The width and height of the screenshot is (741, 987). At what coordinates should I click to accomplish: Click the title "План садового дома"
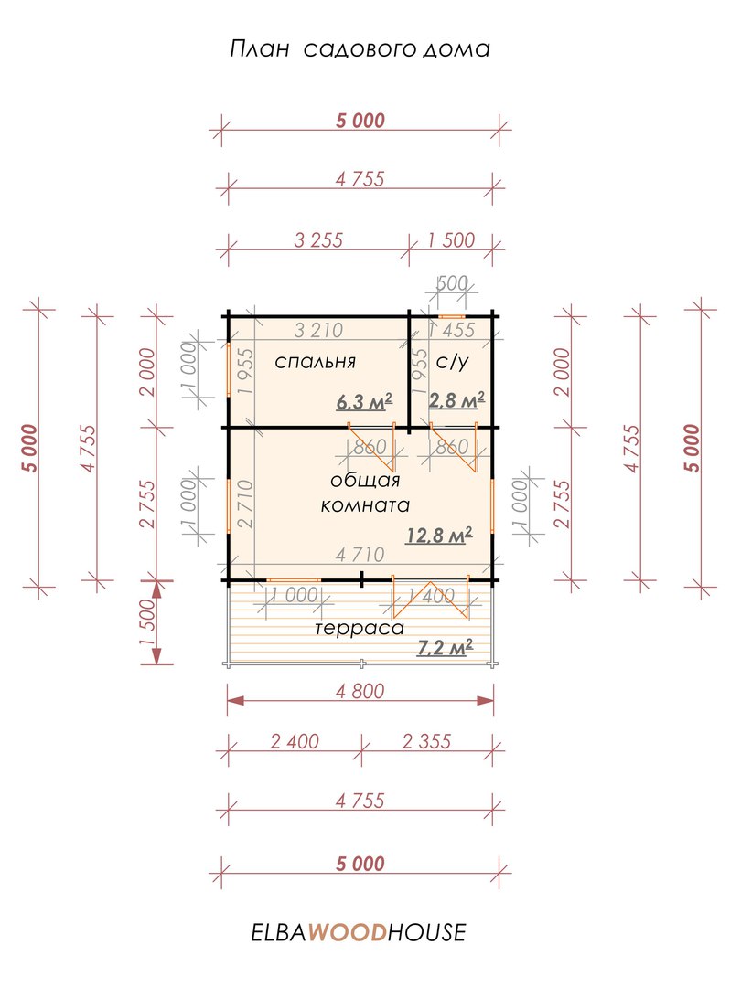coord(360,49)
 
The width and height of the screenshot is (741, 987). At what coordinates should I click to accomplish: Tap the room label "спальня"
coord(315,362)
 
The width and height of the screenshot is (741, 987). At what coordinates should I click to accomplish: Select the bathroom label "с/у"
coord(453,362)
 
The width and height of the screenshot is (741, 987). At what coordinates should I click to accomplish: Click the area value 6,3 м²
coord(364,401)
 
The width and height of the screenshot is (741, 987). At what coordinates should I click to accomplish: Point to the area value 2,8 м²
coord(456,399)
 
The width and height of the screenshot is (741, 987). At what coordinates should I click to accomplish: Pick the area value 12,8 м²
coord(439,535)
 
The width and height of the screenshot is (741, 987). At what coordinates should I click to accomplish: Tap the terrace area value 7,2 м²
coord(445,646)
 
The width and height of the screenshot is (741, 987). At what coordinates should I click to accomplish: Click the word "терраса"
coord(360,628)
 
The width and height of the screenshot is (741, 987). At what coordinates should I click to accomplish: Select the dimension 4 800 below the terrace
coord(360,691)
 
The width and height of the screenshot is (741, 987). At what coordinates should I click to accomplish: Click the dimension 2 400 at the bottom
coord(295,741)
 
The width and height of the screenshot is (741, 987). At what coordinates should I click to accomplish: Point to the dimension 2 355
coord(426,741)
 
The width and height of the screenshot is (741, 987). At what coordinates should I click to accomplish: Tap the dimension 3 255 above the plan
coord(318,239)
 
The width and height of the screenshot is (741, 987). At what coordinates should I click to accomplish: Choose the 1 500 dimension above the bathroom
coord(451,239)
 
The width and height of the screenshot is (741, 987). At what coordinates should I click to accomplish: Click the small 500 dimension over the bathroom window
coord(452,283)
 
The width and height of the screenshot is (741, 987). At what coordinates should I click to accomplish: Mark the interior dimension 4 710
coord(360,555)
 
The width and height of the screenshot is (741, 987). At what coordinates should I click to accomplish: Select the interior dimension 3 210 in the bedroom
coord(318,330)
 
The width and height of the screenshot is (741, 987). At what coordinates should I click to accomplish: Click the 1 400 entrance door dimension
coord(431,595)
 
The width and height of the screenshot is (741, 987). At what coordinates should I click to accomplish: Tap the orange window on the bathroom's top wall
coord(452,315)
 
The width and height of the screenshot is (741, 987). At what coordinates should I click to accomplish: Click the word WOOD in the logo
coord(347,932)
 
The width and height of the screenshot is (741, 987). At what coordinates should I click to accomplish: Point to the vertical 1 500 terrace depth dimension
coord(146,622)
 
